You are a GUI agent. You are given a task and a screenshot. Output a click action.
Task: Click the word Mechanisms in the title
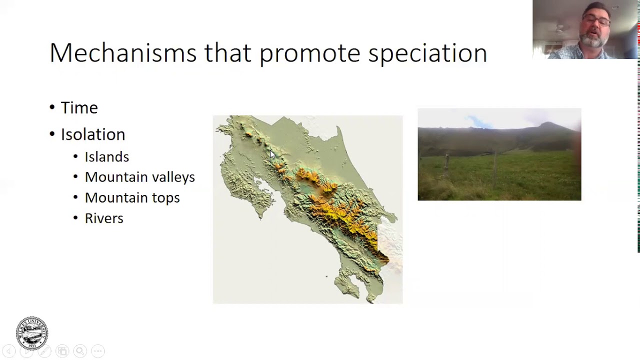(x=123, y=53)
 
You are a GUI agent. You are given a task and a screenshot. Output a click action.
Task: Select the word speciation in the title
(x=427, y=53)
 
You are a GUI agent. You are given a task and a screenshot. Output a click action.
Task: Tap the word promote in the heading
(x=309, y=53)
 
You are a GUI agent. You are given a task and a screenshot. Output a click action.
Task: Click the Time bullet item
(x=79, y=108)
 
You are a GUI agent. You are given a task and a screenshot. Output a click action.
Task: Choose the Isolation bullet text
(x=92, y=134)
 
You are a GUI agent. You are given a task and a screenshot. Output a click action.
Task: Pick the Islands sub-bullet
(x=106, y=157)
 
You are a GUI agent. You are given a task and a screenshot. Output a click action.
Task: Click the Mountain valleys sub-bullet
(x=139, y=177)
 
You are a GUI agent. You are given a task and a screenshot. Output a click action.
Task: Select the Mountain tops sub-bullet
(x=132, y=197)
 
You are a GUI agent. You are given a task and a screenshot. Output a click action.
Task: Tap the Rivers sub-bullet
(x=104, y=218)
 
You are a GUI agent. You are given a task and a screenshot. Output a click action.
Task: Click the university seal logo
(x=32, y=333)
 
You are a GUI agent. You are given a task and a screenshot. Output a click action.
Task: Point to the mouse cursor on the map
(x=271, y=154)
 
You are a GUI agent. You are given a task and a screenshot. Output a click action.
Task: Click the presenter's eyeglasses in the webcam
(x=596, y=21)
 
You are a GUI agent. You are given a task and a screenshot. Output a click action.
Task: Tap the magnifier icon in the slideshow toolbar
(x=80, y=351)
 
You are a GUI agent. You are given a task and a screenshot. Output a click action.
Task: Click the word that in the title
(x=227, y=53)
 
